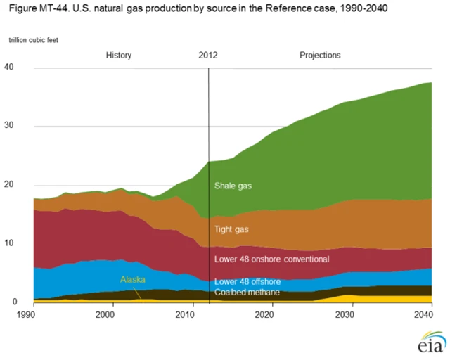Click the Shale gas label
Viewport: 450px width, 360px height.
tap(233, 186)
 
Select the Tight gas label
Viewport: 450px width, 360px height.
tap(231, 229)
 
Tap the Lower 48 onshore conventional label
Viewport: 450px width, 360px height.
tap(271, 259)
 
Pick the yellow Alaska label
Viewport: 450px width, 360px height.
tap(132, 279)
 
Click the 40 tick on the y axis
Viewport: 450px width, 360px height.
tap(10, 67)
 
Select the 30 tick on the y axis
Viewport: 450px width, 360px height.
tap(10, 127)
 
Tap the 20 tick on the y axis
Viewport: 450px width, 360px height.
tap(10, 185)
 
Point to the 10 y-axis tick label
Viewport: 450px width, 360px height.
tap(10, 243)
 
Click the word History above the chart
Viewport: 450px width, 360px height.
tap(118, 55)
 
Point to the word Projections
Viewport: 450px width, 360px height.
tap(320, 55)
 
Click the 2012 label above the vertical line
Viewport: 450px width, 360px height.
tap(208, 55)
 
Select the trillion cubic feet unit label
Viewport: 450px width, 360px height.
tap(33, 39)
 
